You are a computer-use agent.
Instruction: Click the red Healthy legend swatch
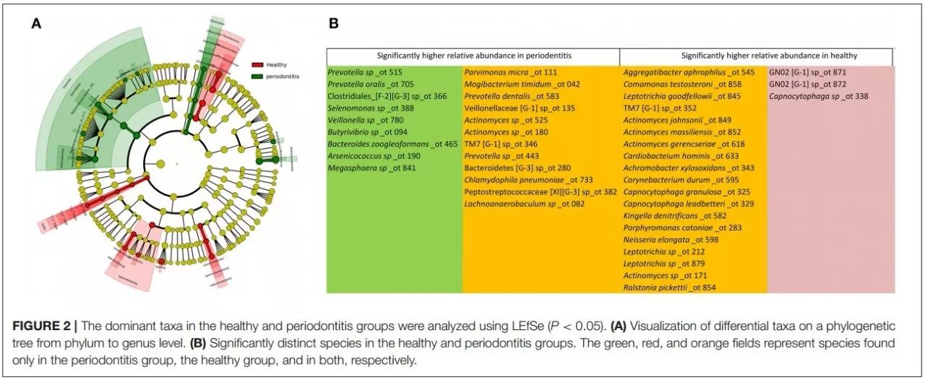pyautogui.click(x=257, y=65)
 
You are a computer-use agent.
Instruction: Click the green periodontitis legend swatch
pyautogui.click(x=257, y=76)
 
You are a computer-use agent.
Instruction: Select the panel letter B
pyautogui.click(x=334, y=23)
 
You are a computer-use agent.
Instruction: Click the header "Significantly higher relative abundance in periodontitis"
pyautogui.click(x=473, y=56)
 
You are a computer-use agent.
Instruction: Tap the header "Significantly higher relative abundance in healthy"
pyautogui.click(x=770, y=56)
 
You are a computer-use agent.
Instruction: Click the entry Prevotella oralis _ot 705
pyautogui.click(x=364, y=85)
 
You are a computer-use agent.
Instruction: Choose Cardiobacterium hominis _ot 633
pyautogui.click(x=676, y=156)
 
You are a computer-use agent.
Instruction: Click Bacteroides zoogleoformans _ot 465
pyautogui.click(x=392, y=144)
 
